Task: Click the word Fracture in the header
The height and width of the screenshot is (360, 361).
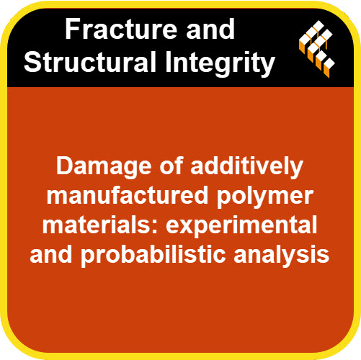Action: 122,30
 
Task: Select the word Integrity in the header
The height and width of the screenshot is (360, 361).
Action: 220,63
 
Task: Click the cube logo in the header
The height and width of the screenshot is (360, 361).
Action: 317,49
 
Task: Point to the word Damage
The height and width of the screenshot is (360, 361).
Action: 104,167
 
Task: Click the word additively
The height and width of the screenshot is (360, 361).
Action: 246,167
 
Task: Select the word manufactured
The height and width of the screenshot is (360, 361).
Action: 128,196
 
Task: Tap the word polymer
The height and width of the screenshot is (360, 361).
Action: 265,197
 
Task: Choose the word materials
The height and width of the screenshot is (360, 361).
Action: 97,225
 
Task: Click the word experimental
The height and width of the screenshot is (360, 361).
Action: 241,227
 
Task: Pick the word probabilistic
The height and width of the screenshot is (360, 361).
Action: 153,256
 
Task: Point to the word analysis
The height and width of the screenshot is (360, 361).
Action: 282,256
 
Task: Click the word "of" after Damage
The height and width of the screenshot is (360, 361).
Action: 171,167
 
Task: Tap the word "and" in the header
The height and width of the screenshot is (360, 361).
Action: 210,30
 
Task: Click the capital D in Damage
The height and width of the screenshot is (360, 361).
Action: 65,166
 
